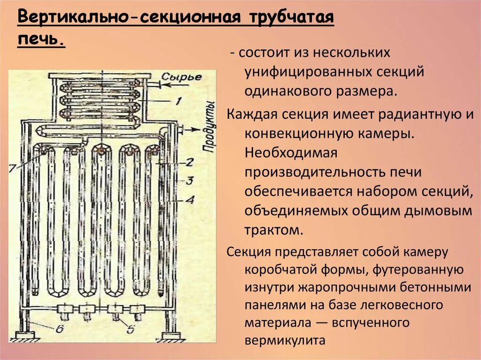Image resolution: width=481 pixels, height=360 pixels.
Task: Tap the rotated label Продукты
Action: pyautogui.click(x=209, y=127)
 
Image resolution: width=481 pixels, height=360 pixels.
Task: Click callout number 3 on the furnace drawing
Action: pyautogui.click(x=189, y=181)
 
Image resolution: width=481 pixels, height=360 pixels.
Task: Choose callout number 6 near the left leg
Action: pyautogui.click(x=59, y=329)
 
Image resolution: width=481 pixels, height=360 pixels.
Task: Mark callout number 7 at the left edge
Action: pyautogui.click(x=13, y=166)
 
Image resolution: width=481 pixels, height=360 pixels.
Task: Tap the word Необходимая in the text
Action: pyautogui.click(x=291, y=153)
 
